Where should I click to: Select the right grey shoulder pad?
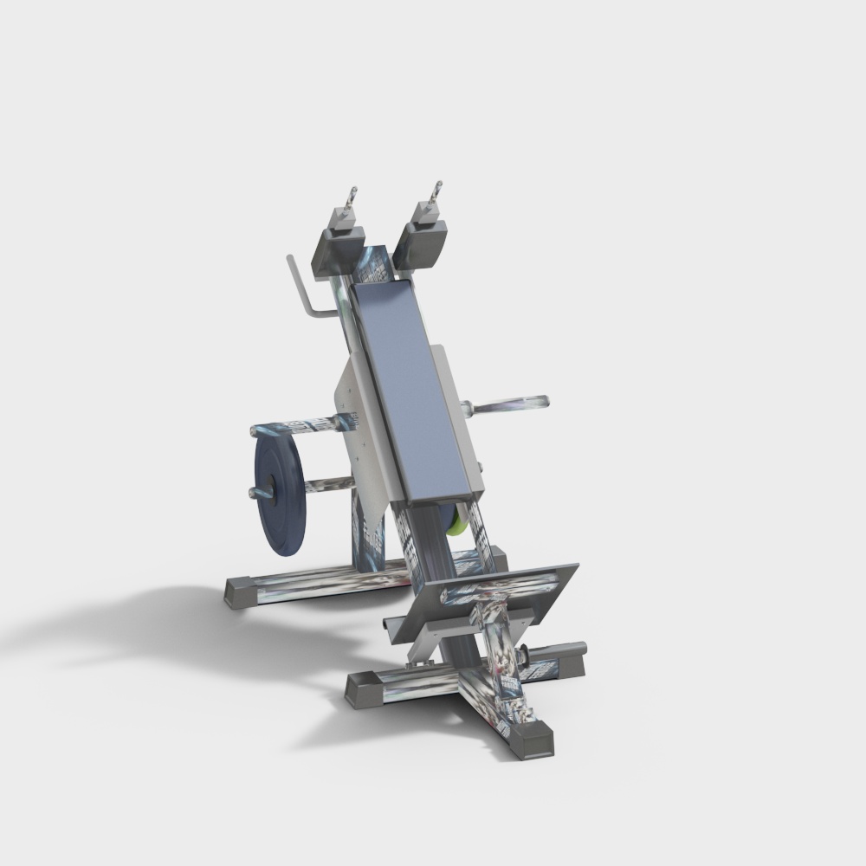tap(423, 242)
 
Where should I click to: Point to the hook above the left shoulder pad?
tap(348, 204)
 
